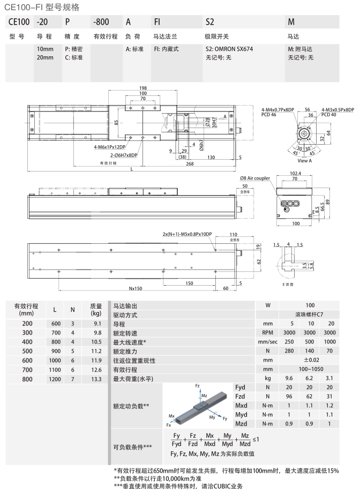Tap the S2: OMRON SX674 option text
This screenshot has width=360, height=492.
229,48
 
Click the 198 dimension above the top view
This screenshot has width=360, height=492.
142,88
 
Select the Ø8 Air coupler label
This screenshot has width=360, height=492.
255,177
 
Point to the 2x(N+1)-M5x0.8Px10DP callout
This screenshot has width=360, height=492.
187,234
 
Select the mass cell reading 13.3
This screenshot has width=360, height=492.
96,379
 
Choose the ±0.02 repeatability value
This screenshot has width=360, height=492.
311,360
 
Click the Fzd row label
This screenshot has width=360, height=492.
241,396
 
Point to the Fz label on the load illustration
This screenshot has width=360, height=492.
198,385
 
